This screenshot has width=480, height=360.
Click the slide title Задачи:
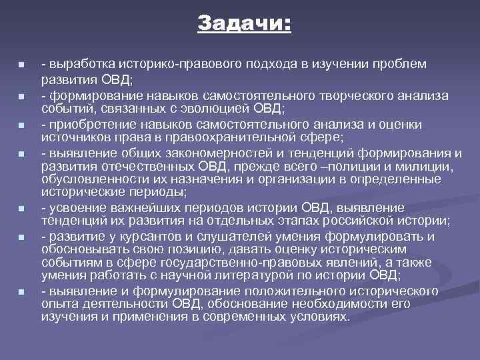tap(244, 24)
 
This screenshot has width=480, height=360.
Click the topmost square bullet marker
tap(21, 65)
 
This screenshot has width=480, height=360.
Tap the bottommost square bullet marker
tap(21, 292)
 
